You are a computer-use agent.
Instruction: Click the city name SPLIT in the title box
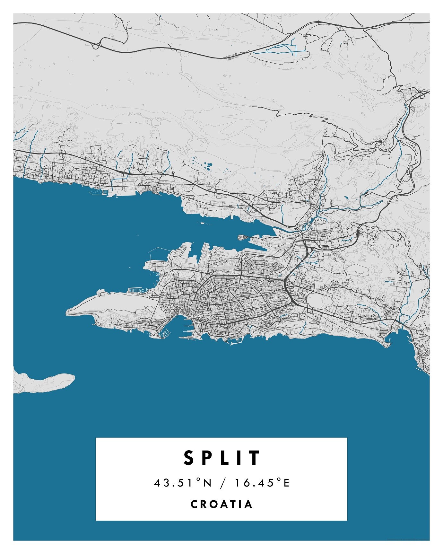(x=221, y=458)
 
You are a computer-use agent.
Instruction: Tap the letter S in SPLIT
(x=189, y=458)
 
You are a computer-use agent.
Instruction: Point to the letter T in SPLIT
(x=256, y=458)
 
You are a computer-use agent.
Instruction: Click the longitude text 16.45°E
(x=262, y=483)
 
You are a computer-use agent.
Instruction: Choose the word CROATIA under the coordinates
(x=221, y=504)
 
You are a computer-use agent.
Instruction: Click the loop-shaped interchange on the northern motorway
(x=96, y=46)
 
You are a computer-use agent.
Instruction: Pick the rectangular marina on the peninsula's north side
(x=135, y=290)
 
